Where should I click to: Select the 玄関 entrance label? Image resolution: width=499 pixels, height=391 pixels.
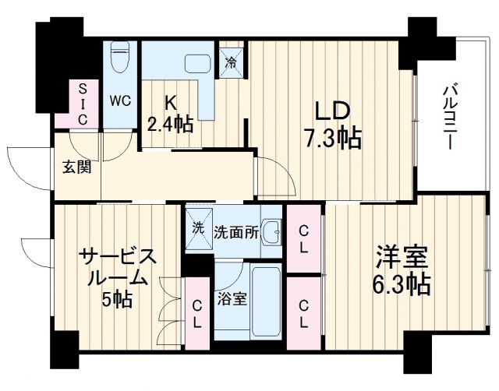click(x=76, y=166)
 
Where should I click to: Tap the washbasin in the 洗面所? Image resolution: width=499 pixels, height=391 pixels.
click(x=271, y=231)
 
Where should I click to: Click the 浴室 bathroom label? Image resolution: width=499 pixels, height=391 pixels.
click(x=234, y=299)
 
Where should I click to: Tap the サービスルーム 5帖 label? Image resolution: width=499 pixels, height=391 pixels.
click(x=117, y=277)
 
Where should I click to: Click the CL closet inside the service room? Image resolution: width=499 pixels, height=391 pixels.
click(x=197, y=313)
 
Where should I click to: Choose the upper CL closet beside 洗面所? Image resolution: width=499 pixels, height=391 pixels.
click(x=304, y=239)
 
